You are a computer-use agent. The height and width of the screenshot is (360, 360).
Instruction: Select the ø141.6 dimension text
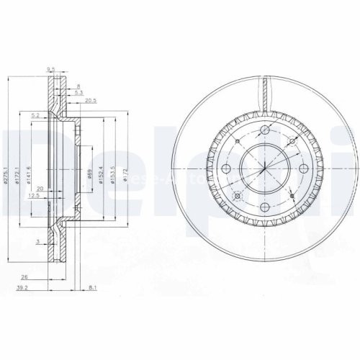(30, 174)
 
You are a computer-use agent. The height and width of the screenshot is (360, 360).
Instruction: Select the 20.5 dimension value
(90, 100)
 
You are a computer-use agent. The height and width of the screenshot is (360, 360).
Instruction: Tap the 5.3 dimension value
(80, 92)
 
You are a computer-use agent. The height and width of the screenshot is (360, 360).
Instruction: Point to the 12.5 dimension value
(34, 195)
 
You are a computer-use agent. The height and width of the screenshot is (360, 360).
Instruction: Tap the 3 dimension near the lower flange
(37, 241)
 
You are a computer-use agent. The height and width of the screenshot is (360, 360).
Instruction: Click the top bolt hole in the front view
(265, 130)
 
